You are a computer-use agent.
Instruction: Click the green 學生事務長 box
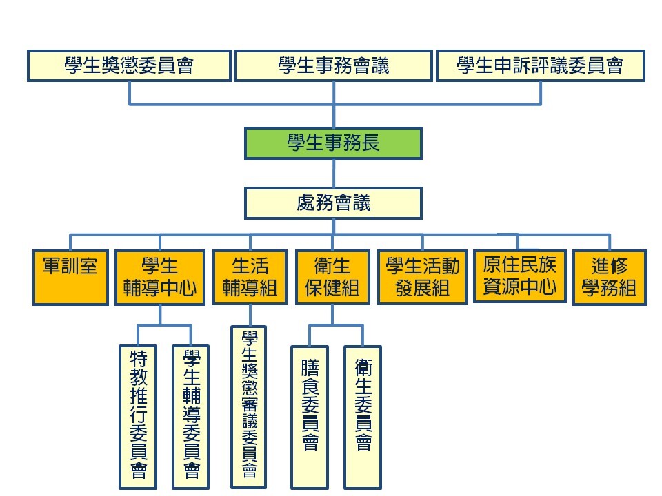333,143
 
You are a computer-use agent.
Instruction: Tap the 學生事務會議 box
334,65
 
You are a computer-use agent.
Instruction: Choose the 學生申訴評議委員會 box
540,65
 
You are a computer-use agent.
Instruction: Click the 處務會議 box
333,203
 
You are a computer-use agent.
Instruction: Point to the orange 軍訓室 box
70,277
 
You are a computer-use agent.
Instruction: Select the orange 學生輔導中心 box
160,277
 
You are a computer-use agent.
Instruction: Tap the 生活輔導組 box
249,277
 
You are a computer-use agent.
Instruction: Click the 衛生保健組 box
332,277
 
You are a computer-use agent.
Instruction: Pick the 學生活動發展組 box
422,277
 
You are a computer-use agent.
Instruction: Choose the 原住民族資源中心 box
519,276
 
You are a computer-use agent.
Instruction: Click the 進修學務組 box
609,277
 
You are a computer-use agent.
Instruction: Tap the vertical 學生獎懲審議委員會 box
248,406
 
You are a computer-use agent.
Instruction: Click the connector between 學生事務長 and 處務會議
334,174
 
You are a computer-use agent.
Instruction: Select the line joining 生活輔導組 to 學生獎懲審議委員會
249,315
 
